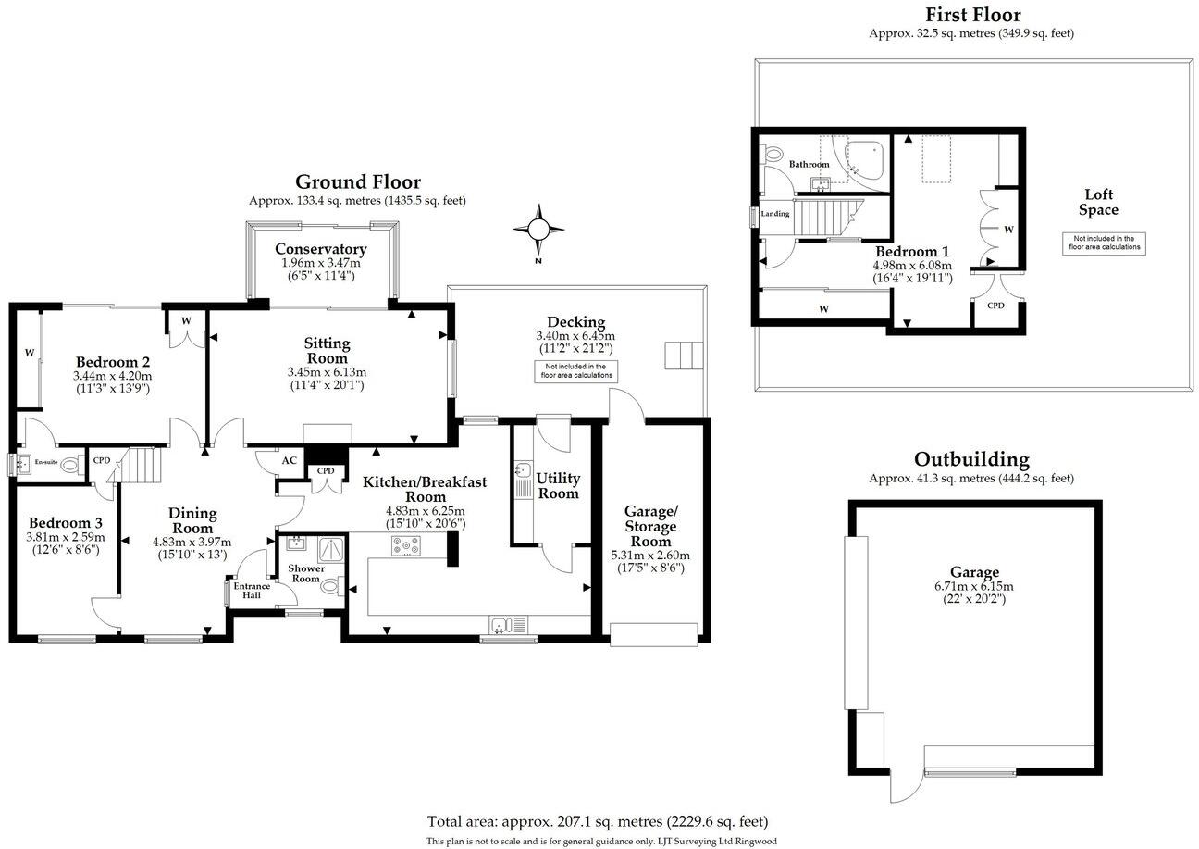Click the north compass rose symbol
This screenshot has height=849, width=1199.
tap(538, 229)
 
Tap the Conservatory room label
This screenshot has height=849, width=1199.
tap(320, 249)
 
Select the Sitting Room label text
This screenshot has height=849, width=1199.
tap(327, 351)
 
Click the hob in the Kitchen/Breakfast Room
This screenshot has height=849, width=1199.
tap(405, 547)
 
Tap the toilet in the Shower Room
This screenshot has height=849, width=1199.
tap(328, 585)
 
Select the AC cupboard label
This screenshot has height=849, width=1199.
tap(289, 461)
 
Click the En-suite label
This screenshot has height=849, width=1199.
tap(45, 462)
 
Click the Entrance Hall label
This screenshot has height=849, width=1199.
tap(251, 590)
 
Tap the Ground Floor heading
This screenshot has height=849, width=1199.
tap(357, 181)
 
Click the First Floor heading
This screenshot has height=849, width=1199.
tap(972, 15)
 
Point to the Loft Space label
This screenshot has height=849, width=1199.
tap(1098, 202)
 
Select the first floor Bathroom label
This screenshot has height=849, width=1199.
tap(809, 164)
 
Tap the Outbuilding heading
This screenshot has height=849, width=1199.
tap(970, 459)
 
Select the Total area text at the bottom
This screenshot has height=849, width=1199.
tap(597, 821)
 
